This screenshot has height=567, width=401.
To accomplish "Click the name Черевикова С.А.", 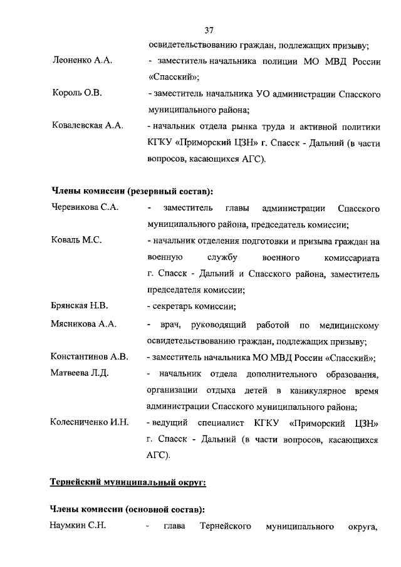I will (83, 208).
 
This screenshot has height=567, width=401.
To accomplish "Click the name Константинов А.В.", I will (89, 357).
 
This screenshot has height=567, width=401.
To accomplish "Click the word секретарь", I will (172, 306).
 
